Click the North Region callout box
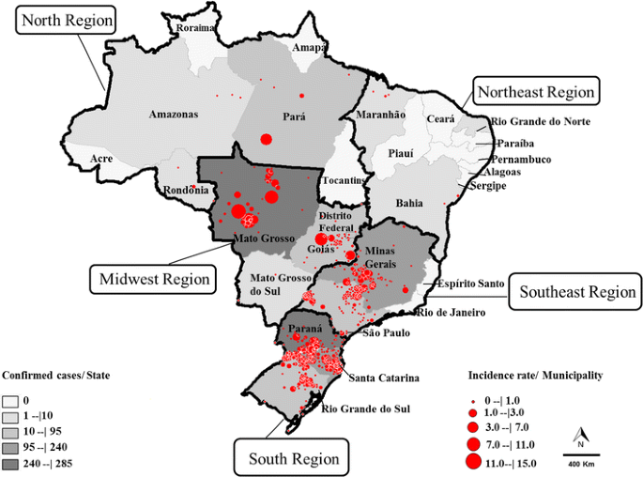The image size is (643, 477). [66, 20]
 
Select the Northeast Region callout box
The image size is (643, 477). [536, 91]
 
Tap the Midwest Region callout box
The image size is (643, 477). [151, 279]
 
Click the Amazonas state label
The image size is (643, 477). [173, 115]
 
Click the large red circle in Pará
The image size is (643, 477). [266, 139]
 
